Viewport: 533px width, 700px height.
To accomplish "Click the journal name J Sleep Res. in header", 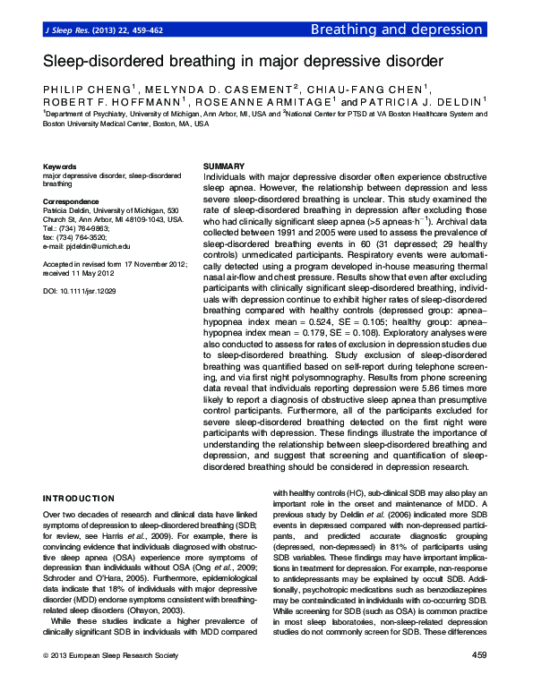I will click(x=66, y=30).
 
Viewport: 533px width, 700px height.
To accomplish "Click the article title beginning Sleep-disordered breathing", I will click(x=243, y=62).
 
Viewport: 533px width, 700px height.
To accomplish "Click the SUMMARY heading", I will click(x=224, y=167).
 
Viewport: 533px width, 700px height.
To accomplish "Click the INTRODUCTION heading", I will click(x=79, y=498).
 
